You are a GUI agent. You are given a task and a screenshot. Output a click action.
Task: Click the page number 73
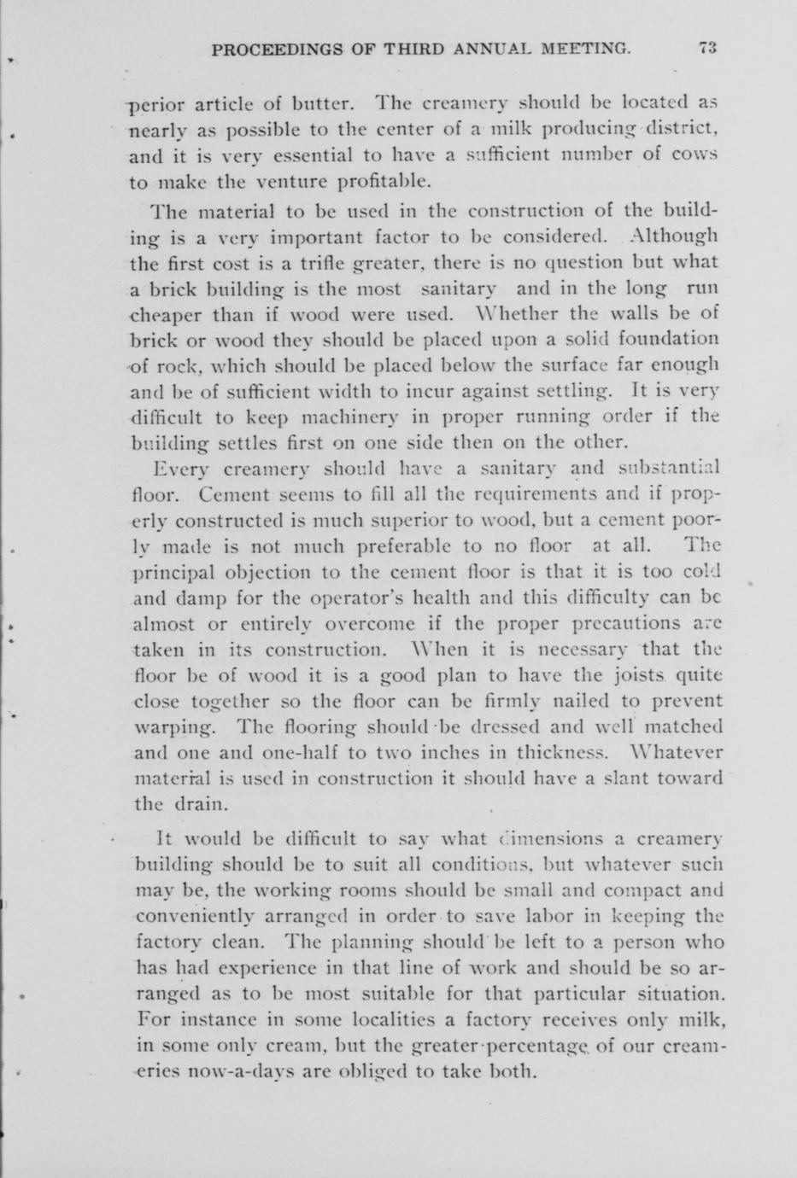[x=706, y=49]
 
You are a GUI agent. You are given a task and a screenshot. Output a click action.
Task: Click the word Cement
[x=234, y=494]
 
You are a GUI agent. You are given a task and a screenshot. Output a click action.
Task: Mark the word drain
[x=202, y=805]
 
